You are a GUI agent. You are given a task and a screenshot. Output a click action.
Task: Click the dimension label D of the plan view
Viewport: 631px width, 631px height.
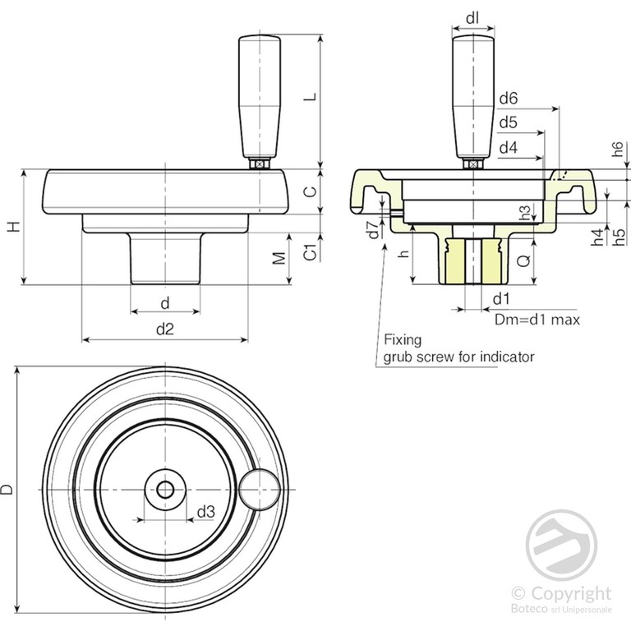[x=8, y=490]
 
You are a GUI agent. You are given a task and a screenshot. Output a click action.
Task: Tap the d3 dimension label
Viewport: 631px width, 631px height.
[x=205, y=511]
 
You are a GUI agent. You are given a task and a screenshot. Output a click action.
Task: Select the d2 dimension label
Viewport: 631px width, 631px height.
[x=165, y=328]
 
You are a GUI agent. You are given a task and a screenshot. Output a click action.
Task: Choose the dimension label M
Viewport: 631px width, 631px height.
[x=279, y=259]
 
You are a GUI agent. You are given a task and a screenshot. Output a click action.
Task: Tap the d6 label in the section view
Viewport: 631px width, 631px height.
[x=508, y=99]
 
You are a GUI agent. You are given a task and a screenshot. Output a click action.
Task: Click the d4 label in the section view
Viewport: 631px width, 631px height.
[x=508, y=148]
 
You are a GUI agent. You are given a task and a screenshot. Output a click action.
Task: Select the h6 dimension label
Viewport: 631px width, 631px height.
[x=618, y=150]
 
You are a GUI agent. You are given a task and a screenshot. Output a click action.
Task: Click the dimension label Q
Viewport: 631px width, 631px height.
[x=523, y=261]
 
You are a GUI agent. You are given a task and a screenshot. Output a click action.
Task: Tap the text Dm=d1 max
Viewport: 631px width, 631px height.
[x=537, y=319]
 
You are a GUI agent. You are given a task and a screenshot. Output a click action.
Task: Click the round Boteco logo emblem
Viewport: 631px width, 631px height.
[x=561, y=543]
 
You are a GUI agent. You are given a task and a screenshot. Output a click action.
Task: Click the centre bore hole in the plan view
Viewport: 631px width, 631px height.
[x=165, y=490]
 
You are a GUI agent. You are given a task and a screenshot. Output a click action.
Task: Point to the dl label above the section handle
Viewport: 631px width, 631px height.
[x=472, y=16]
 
